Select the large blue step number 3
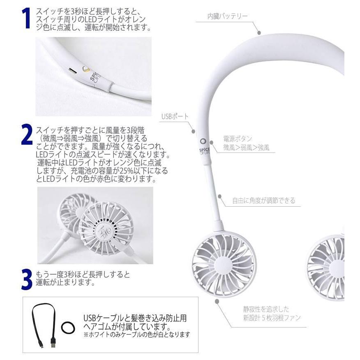pos(26,279)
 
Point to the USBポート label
pos(174,116)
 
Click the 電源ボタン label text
pos(238,139)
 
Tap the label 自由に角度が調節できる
pos(263,201)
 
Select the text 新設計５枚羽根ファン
pos(271,318)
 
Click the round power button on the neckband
pos(203,135)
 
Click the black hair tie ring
pos(68,328)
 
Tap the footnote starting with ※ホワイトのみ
pos(137,335)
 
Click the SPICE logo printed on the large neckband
pos(205,148)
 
